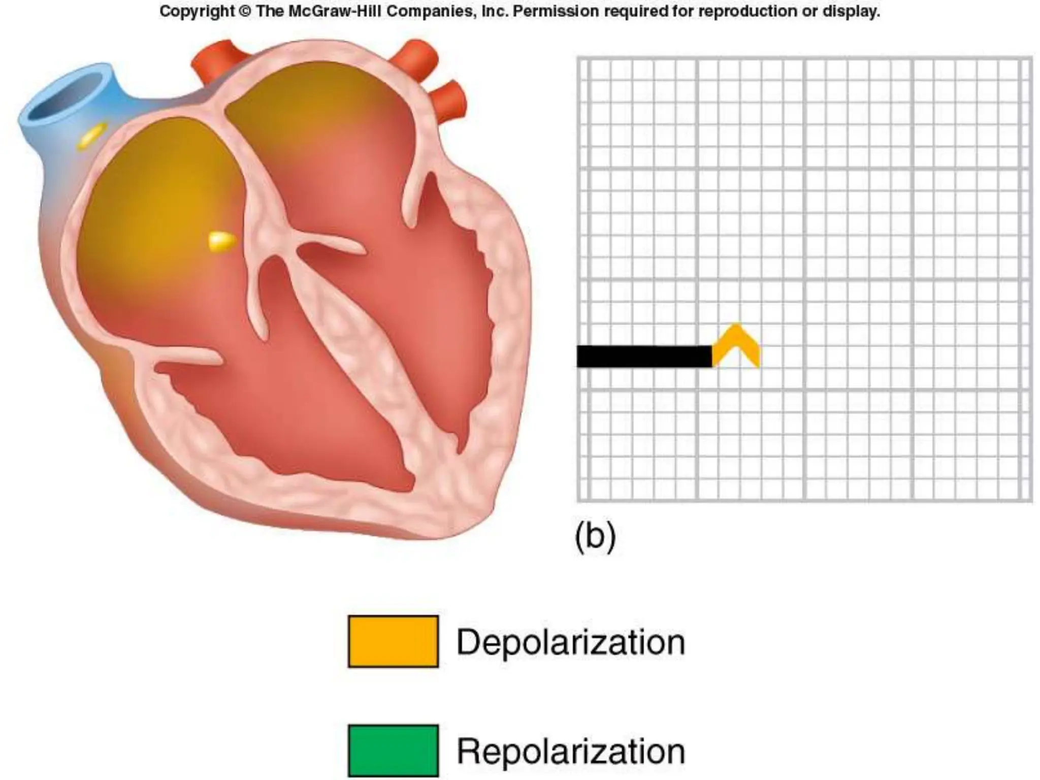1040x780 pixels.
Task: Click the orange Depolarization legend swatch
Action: click(x=393, y=641)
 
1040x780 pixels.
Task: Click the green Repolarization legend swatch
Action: click(x=393, y=751)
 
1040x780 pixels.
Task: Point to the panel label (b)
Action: click(x=595, y=537)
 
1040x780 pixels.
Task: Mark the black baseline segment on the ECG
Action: click(x=644, y=356)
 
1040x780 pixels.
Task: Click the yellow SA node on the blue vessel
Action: click(x=92, y=136)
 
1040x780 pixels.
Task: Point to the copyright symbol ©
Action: click(x=245, y=11)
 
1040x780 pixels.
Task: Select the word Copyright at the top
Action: click(x=198, y=11)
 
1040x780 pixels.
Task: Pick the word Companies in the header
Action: click(x=438, y=11)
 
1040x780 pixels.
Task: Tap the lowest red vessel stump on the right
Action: click(x=449, y=99)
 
